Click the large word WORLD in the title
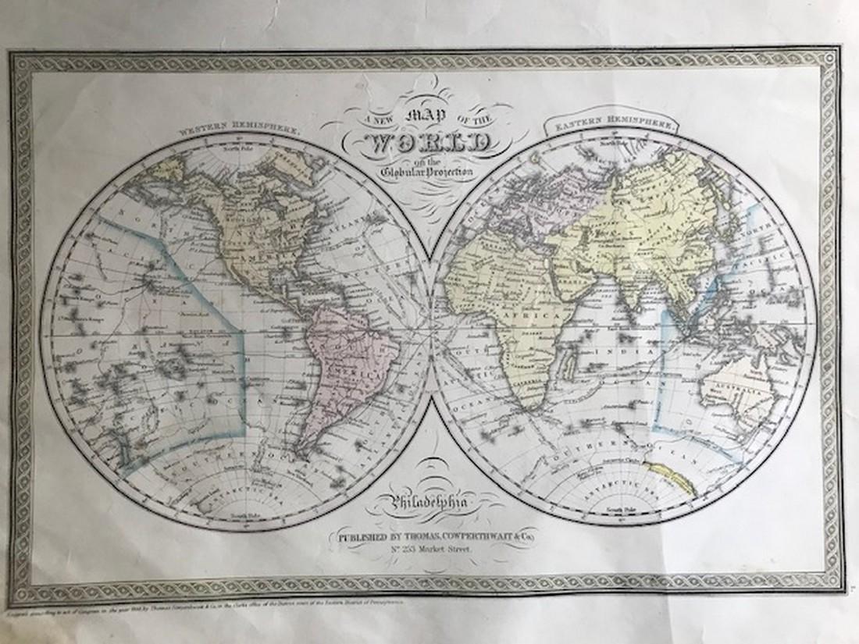pyautogui.click(x=429, y=145)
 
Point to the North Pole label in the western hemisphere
pyautogui.click(x=233, y=146)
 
